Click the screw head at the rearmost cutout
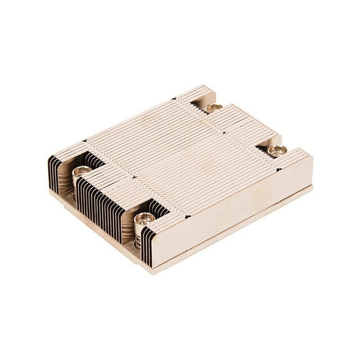click(213, 107)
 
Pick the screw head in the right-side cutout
click(277, 150)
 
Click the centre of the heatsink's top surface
click(180, 157)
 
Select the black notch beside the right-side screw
click(260, 145)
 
